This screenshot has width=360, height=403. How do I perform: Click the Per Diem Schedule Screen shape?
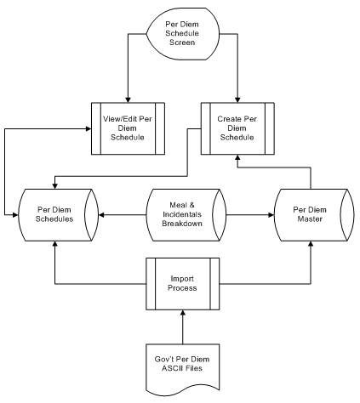pyautogui.click(x=183, y=34)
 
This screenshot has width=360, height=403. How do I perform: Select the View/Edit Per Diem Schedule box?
pyautogui.click(x=128, y=128)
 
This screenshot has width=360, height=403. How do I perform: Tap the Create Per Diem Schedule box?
pyautogui.click(x=237, y=128)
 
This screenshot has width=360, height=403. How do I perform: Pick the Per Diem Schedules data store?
pyautogui.click(x=58, y=215)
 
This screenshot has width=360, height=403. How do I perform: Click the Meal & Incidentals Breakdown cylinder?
pyautogui.click(x=186, y=215)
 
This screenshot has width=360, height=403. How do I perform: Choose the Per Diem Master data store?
pyautogui.click(x=314, y=215)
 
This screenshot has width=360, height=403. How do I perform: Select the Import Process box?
pyautogui.click(x=183, y=284)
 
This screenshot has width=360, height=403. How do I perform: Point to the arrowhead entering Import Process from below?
pyautogui.click(x=183, y=312)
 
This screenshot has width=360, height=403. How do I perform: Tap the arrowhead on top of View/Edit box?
pyautogui.click(x=128, y=100)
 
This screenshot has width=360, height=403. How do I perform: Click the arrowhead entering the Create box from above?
pyautogui.click(x=237, y=100)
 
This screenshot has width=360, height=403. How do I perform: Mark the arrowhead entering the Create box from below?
pyautogui.click(x=237, y=157)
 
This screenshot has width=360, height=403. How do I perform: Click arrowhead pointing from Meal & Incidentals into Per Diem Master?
pyautogui.click(x=271, y=215)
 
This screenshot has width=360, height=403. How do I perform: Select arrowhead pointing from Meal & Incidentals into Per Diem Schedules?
pyautogui.click(x=101, y=215)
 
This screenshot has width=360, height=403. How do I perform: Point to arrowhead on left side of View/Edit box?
pyautogui.click(x=89, y=128)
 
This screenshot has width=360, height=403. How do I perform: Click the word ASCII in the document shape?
pyautogui.click(x=172, y=368)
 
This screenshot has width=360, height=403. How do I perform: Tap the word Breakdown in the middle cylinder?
pyautogui.click(x=182, y=224)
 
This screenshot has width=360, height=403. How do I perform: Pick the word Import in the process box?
pyautogui.click(x=182, y=279)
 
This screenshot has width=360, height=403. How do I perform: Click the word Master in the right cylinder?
pyautogui.click(x=310, y=219)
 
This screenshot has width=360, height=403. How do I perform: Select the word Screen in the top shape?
pyautogui.click(x=182, y=43)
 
